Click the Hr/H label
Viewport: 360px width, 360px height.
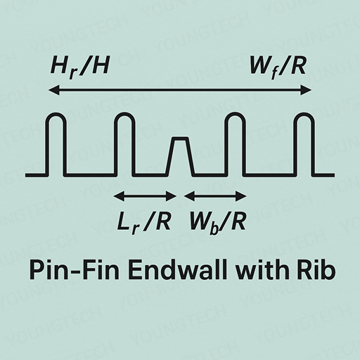click(x=80, y=67)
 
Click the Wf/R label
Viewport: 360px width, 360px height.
click(x=278, y=67)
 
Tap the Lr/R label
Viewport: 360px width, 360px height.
click(x=143, y=222)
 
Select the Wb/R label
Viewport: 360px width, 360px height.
click(x=218, y=222)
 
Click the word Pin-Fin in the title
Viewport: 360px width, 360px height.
click(x=75, y=270)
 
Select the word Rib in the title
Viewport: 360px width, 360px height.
click(x=316, y=269)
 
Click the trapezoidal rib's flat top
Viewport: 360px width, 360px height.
click(x=181, y=139)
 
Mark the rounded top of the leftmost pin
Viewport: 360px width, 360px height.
click(x=56, y=114)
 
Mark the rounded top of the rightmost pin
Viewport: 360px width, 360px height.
click(x=304, y=114)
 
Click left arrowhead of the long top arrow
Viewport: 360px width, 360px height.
click(x=54, y=90)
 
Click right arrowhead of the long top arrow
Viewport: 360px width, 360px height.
click(x=306, y=90)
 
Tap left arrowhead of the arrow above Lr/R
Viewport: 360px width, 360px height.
click(x=119, y=196)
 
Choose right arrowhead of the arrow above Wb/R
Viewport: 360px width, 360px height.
click(x=241, y=196)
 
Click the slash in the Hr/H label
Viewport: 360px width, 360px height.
click(x=84, y=67)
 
